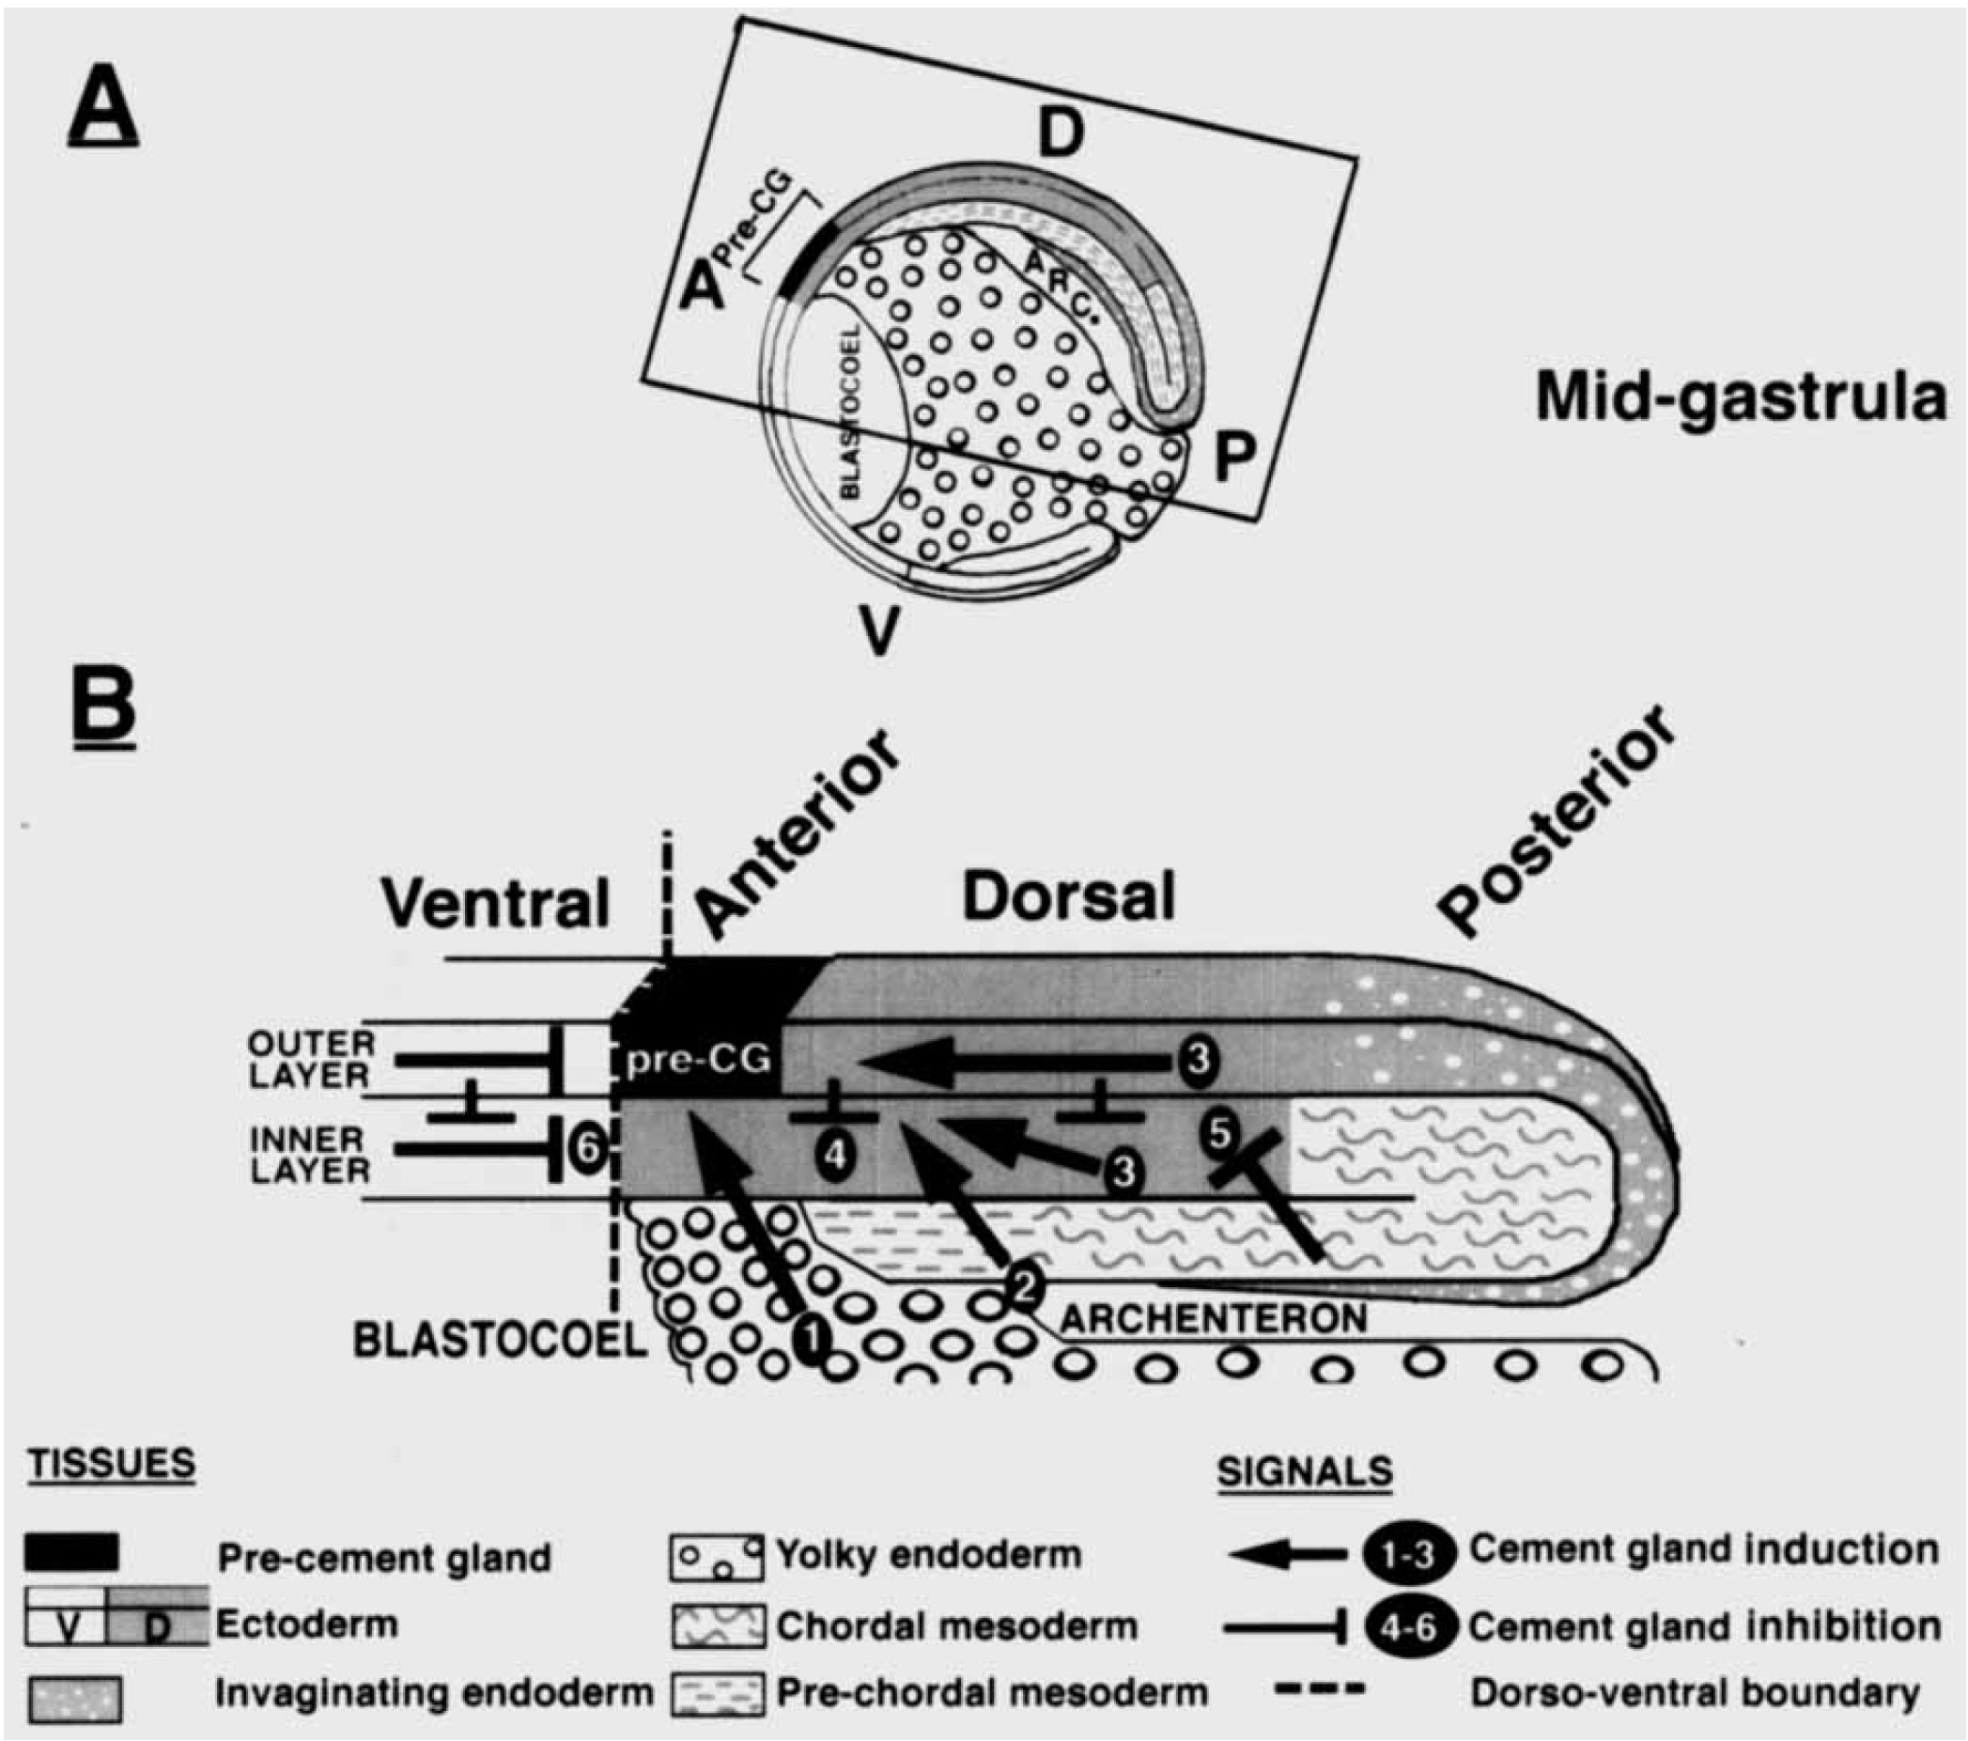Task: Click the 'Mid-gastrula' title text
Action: pyautogui.click(x=1740, y=397)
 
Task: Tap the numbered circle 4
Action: pyautogui.click(x=836, y=1155)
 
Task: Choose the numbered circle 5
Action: pyautogui.click(x=1219, y=1133)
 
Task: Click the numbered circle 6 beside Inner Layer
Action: pyautogui.click(x=585, y=1148)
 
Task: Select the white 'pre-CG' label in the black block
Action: pyautogui.click(x=698, y=1059)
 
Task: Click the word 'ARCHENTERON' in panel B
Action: pyautogui.click(x=1212, y=1318)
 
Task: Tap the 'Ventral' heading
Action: pyautogui.click(x=496, y=904)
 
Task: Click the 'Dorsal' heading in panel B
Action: pyautogui.click(x=1069, y=898)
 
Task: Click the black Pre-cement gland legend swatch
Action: pyautogui.click(x=72, y=1553)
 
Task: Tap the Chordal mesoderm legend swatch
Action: pyautogui.click(x=718, y=1625)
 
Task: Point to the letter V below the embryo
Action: pyautogui.click(x=878, y=631)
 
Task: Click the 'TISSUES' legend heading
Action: pyautogui.click(x=112, y=1465)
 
